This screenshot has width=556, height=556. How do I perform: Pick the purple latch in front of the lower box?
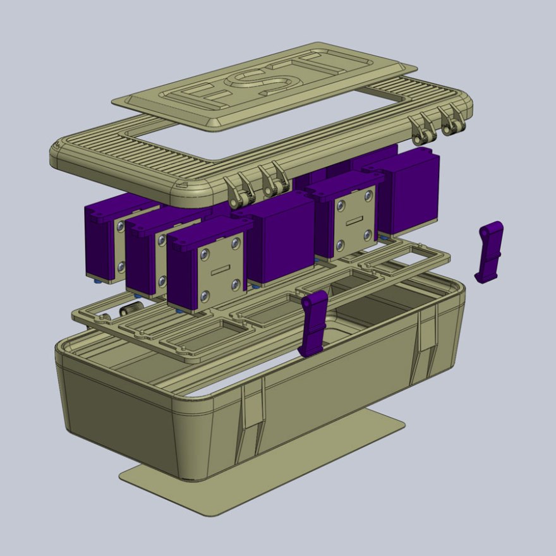tap(314, 322)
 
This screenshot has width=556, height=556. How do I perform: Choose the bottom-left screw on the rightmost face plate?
tap(341, 244)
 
